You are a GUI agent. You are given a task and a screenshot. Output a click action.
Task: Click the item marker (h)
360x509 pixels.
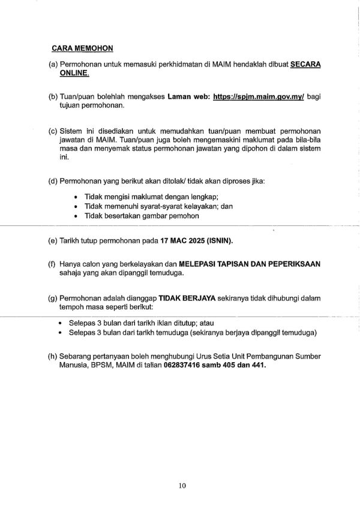click(x=53, y=356)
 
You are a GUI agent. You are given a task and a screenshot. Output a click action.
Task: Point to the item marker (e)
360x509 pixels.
click(x=53, y=240)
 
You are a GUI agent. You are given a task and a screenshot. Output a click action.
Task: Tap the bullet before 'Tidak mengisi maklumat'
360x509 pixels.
click(x=74, y=197)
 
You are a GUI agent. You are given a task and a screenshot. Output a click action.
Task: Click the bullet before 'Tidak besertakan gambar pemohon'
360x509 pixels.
click(x=74, y=216)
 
